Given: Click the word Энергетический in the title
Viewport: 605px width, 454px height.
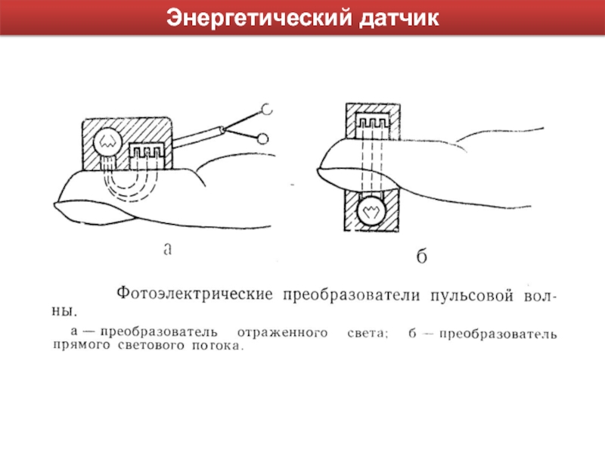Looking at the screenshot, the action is pyautogui.click(x=259, y=18).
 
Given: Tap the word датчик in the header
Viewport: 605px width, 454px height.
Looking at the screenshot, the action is pyautogui.click(x=399, y=18).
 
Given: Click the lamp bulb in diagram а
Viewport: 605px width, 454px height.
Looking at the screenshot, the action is pyautogui.click(x=107, y=142).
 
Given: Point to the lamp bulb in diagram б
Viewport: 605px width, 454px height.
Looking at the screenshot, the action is pyautogui.click(x=371, y=211).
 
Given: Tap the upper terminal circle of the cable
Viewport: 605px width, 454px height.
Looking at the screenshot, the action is pyautogui.click(x=267, y=109).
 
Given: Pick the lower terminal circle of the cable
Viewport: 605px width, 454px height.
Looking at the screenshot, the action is pyautogui.click(x=262, y=138).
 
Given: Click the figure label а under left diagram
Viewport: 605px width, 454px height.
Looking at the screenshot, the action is pyautogui.click(x=167, y=249).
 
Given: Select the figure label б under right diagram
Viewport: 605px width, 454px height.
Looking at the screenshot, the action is pyautogui.click(x=422, y=256).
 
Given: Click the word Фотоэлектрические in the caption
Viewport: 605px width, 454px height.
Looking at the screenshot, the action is pyautogui.click(x=195, y=294).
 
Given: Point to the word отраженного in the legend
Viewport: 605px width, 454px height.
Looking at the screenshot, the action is pyautogui.click(x=282, y=333).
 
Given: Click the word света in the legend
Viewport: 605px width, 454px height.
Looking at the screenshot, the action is pyautogui.click(x=367, y=333).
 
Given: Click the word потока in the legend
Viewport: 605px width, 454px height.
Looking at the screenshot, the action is pyautogui.click(x=218, y=345).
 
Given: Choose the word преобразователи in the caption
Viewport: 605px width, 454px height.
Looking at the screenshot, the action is pyautogui.click(x=352, y=295).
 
